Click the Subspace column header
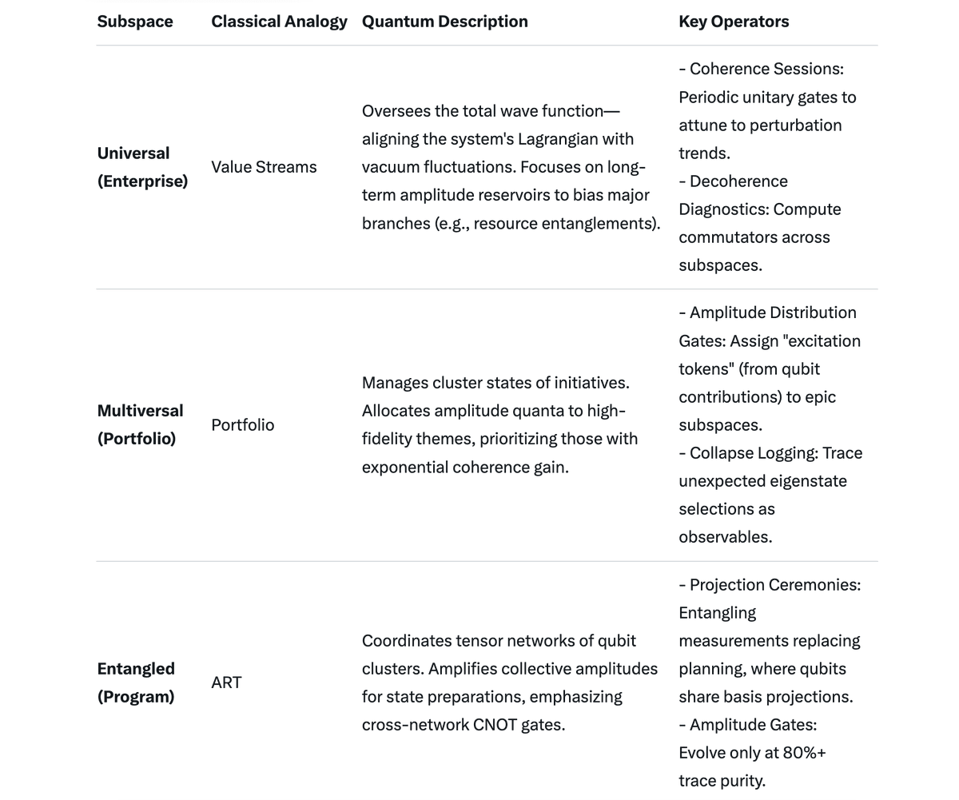(x=135, y=22)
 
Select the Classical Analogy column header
(x=279, y=22)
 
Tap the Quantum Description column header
(x=444, y=22)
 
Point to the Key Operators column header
(x=734, y=22)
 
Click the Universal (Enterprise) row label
(x=142, y=167)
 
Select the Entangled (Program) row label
(x=136, y=683)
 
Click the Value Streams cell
(x=264, y=167)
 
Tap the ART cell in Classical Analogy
(x=226, y=683)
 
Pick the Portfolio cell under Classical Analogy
(x=242, y=425)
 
